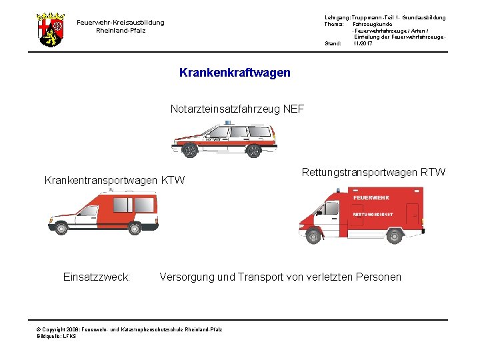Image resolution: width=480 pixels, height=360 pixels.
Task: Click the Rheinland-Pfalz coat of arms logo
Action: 51,29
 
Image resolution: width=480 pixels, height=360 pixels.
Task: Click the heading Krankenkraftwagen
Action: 235,72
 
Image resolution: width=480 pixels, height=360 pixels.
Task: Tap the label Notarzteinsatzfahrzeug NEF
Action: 237,109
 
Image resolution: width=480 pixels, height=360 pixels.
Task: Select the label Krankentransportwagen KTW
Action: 114,180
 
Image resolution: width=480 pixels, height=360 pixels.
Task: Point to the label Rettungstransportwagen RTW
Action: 373,173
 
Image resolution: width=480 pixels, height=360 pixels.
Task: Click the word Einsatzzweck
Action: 96,277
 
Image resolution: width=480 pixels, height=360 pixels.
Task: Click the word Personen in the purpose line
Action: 379,277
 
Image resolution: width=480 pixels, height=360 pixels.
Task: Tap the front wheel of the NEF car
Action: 190,151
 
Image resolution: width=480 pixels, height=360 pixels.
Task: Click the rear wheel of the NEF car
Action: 253,151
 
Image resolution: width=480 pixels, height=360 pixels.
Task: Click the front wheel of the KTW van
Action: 61,229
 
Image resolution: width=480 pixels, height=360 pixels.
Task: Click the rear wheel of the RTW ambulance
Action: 394,235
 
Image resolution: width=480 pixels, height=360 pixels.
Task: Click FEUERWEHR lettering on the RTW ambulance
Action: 371,198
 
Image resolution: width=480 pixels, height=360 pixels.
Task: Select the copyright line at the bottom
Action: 130,329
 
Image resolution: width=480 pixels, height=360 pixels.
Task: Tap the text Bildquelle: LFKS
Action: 57,336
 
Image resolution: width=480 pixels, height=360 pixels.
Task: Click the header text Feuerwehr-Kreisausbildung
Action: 120,22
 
